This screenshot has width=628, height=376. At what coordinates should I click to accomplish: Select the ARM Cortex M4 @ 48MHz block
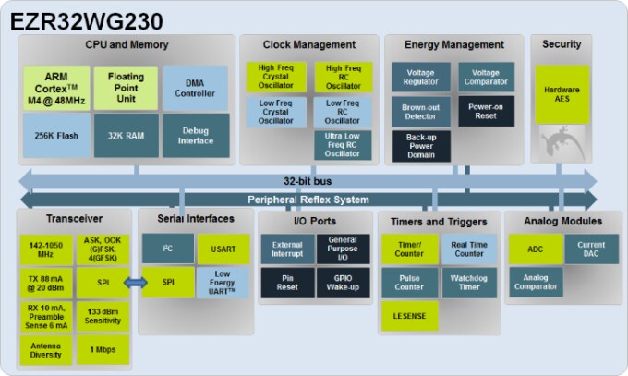56,87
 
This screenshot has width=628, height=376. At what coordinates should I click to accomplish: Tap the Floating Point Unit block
126,87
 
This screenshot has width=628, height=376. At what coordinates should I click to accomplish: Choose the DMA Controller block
196,87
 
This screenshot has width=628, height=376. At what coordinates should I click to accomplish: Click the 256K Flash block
56,135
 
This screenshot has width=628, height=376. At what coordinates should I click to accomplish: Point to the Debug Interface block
196,135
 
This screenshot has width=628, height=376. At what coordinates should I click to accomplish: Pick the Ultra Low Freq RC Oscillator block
343,145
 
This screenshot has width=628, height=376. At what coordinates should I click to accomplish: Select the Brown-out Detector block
420,112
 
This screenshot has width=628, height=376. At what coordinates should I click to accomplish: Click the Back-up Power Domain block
420,146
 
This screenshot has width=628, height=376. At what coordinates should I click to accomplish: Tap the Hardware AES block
562,93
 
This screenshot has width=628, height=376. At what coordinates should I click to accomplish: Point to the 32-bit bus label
308,180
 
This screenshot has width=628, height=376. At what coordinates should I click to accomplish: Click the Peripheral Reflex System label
308,200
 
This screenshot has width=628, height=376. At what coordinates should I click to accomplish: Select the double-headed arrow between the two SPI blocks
136,283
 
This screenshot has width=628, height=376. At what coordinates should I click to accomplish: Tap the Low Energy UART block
222,283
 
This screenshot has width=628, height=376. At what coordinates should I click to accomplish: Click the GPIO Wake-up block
343,283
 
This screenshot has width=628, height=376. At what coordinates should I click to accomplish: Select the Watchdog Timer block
469,283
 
